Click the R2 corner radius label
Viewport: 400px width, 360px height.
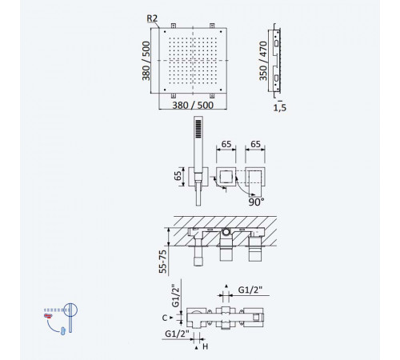pos(152,18)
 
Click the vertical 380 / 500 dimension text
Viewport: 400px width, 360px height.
pos(146,61)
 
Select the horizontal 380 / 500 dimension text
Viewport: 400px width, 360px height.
pos(193,105)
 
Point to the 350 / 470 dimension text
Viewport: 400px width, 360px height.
pos(263,61)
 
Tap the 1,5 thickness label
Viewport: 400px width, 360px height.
pos(279,108)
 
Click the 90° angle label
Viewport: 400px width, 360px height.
pos(256,202)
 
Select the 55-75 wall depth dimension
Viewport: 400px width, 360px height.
pos(162,262)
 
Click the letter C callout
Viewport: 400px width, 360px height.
pos(165,318)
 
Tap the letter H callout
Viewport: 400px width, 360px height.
pos(205,346)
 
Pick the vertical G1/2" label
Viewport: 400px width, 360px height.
pos(175,295)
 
